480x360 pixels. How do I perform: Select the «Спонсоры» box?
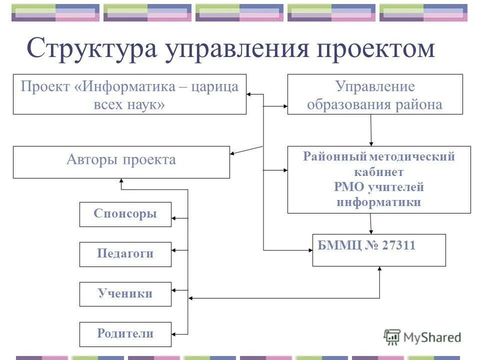pos(125,214)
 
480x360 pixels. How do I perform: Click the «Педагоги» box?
pos(125,254)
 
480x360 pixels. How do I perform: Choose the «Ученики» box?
pos(125,294)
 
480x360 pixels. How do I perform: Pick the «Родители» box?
pos(125,334)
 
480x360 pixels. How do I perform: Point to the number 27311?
pos(398,245)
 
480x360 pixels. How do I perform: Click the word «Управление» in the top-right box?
pos(374,86)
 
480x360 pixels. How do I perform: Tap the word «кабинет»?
pos(378,172)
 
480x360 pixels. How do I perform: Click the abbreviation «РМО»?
pos(348,187)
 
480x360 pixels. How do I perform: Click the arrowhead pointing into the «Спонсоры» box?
pos(174,218)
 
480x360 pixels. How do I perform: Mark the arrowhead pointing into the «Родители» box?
pos(174,333)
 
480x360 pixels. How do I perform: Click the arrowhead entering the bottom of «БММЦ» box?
pos(379,269)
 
